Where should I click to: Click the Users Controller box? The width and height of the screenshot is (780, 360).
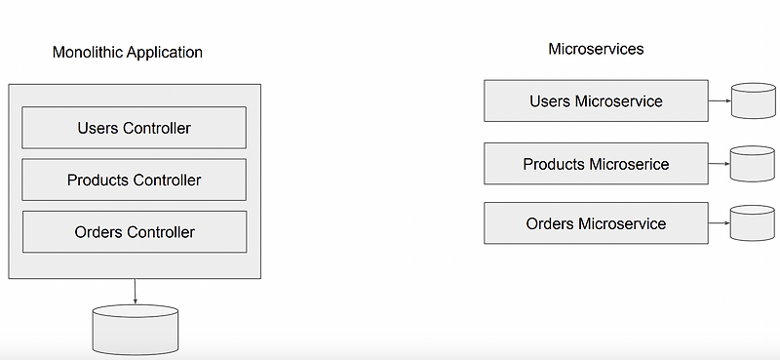135,128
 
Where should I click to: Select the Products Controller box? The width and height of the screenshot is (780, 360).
135,180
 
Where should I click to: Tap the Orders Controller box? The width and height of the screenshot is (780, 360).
135,232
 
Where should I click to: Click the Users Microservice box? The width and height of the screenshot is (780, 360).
596,101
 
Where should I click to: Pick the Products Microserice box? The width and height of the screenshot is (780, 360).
596,164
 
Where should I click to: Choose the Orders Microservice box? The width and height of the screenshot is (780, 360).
596,223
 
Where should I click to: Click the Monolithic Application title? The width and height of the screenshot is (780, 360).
128,52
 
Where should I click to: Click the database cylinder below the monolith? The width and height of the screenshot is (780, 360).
135,330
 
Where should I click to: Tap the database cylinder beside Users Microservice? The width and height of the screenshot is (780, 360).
753,101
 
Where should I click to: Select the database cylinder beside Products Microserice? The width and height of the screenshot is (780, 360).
753,163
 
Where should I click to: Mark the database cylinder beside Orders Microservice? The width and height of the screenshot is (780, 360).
753,222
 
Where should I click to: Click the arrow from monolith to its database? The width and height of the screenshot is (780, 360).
135,291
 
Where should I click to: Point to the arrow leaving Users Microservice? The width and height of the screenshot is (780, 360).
720,101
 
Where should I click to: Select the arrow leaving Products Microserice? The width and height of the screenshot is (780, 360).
720,163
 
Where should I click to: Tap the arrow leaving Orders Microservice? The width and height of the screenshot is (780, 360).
720,222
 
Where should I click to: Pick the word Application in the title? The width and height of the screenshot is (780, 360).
165,52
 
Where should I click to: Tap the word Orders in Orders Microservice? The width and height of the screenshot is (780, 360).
551,223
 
